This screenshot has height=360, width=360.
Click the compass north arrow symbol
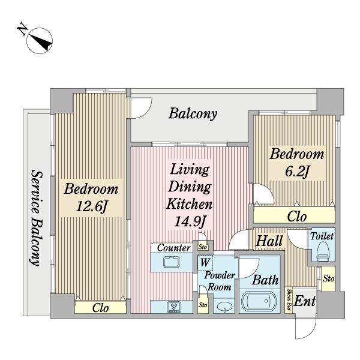(x=40, y=41)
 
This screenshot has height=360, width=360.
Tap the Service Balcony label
(x=37, y=218)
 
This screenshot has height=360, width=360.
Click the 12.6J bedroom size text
(x=91, y=206)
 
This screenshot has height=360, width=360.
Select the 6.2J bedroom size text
(x=297, y=171)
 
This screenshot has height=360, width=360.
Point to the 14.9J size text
(x=190, y=221)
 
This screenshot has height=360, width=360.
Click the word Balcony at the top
(x=193, y=113)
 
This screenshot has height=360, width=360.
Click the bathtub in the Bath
(x=259, y=301)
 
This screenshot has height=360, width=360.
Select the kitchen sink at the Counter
(x=171, y=262)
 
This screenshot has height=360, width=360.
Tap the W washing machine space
(x=205, y=262)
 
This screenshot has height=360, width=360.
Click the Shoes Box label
(x=289, y=299)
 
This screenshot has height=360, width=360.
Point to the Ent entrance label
(x=305, y=301)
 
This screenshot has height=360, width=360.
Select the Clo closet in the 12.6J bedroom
(x=100, y=308)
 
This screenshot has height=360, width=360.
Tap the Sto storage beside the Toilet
(x=328, y=279)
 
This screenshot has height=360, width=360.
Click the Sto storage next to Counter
(x=203, y=247)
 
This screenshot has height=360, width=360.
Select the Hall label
(x=269, y=241)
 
